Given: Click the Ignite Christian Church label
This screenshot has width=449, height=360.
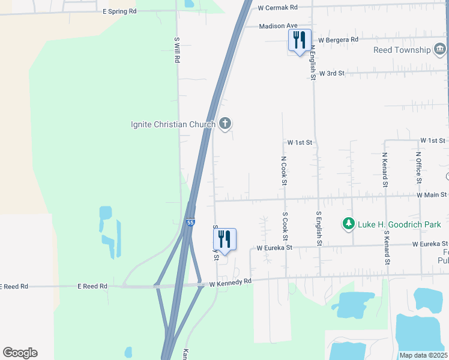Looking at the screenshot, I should tap(173, 124).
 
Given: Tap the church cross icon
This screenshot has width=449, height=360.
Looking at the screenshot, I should tap(225, 124).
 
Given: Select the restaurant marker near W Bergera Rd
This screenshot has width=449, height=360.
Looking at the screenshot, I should tap(299, 41).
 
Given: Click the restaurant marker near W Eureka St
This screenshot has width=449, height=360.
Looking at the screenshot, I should tap(224, 239).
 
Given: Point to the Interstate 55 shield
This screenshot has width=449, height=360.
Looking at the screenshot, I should tap(190, 223).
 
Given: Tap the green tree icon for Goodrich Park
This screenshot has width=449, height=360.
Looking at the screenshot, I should tap(348, 224).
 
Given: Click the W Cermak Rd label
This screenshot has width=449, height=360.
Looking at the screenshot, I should tap(277, 8).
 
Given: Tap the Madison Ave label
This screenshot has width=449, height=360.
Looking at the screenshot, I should tap(279, 26).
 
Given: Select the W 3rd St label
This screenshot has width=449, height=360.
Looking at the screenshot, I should tap(332, 73).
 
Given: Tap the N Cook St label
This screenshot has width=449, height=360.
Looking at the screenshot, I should tap(284, 170).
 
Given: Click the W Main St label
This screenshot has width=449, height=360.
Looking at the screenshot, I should tap(432, 194).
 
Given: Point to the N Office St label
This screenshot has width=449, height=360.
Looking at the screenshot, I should tap(419, 167).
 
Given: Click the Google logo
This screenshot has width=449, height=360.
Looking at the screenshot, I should tap(20, 353).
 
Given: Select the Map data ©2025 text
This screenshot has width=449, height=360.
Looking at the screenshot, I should tap(423, 355).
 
